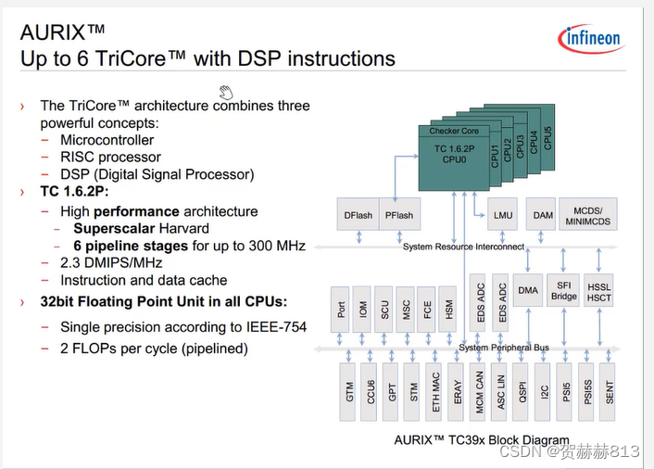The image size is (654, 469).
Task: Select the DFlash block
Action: tap(358, 215)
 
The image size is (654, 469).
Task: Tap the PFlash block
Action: tap(400, 215)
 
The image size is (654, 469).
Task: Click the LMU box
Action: tap(503, 215)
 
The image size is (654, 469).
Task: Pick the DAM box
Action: tap(544, 215)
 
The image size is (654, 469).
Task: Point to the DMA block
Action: tap(527, 290)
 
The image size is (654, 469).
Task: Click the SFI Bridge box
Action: tap(563, 290)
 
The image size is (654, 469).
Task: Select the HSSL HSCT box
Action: tap(599, 290)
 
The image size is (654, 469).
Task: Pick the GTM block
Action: tap(350, 392)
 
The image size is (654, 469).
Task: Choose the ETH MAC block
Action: tap(435, 392)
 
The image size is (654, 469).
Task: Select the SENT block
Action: tap(609, 392)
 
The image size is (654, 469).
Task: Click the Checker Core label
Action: tap(453, 132)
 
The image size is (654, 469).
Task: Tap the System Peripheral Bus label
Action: tap(504, 348)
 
